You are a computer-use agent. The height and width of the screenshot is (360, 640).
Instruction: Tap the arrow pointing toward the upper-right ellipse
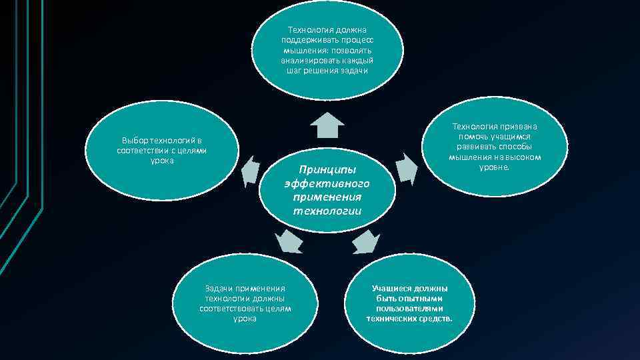(x=404, y=167)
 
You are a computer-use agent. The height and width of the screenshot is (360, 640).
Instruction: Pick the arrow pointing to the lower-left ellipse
(x=289, y=241)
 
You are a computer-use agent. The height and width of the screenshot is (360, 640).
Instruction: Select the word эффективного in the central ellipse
(x=327, y=183)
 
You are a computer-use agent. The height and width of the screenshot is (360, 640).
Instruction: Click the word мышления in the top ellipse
(x=301, y=51)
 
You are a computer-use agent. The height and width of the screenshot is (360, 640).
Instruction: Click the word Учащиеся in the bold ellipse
(x=393, y=289)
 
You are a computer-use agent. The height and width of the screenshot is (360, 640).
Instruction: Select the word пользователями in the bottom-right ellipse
(x=409, y=309)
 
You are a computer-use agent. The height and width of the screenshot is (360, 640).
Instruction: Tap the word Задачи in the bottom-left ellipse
(x=219, y=289)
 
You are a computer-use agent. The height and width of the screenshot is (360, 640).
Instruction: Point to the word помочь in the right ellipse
(x=469, y=136)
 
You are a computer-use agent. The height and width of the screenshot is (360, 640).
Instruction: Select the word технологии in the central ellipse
(x=327, y=211)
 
